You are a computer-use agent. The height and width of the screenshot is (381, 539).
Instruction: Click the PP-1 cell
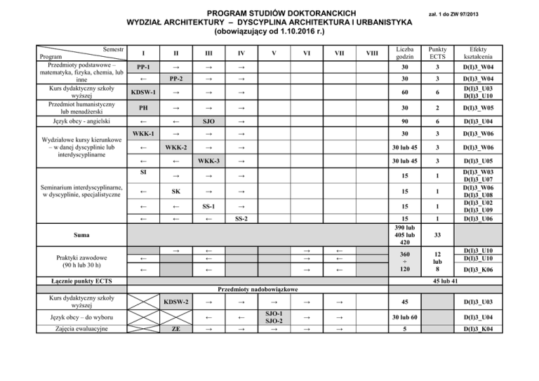click(143, 67)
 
